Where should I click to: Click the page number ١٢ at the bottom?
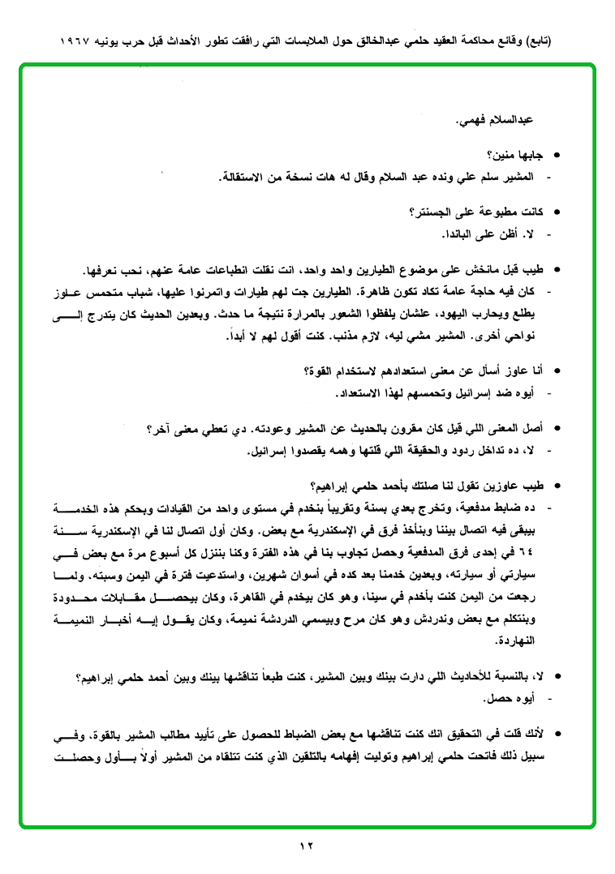point(307,846)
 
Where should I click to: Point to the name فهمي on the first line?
point(470,120)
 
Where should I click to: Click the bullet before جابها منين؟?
point(557,154)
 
